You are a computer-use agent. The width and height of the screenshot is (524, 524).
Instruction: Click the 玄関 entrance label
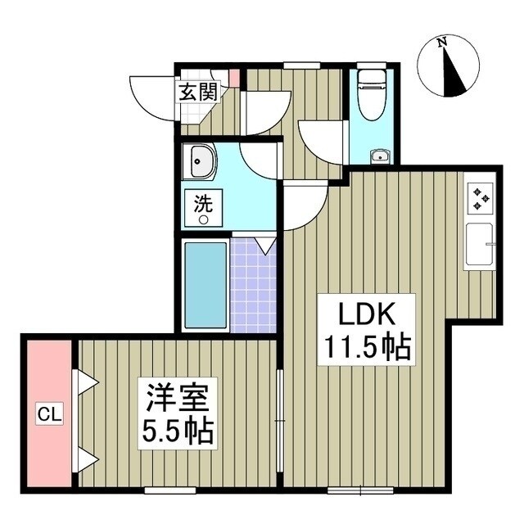pos(199,92)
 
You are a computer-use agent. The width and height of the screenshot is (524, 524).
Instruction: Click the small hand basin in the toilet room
pos(379,156)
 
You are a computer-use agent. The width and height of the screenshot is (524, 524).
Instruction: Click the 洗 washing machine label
pos(201,201)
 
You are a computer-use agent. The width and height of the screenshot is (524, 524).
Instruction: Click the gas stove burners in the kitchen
pos(481,197)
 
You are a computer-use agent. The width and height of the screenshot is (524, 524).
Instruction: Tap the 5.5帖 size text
pos(175,431)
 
